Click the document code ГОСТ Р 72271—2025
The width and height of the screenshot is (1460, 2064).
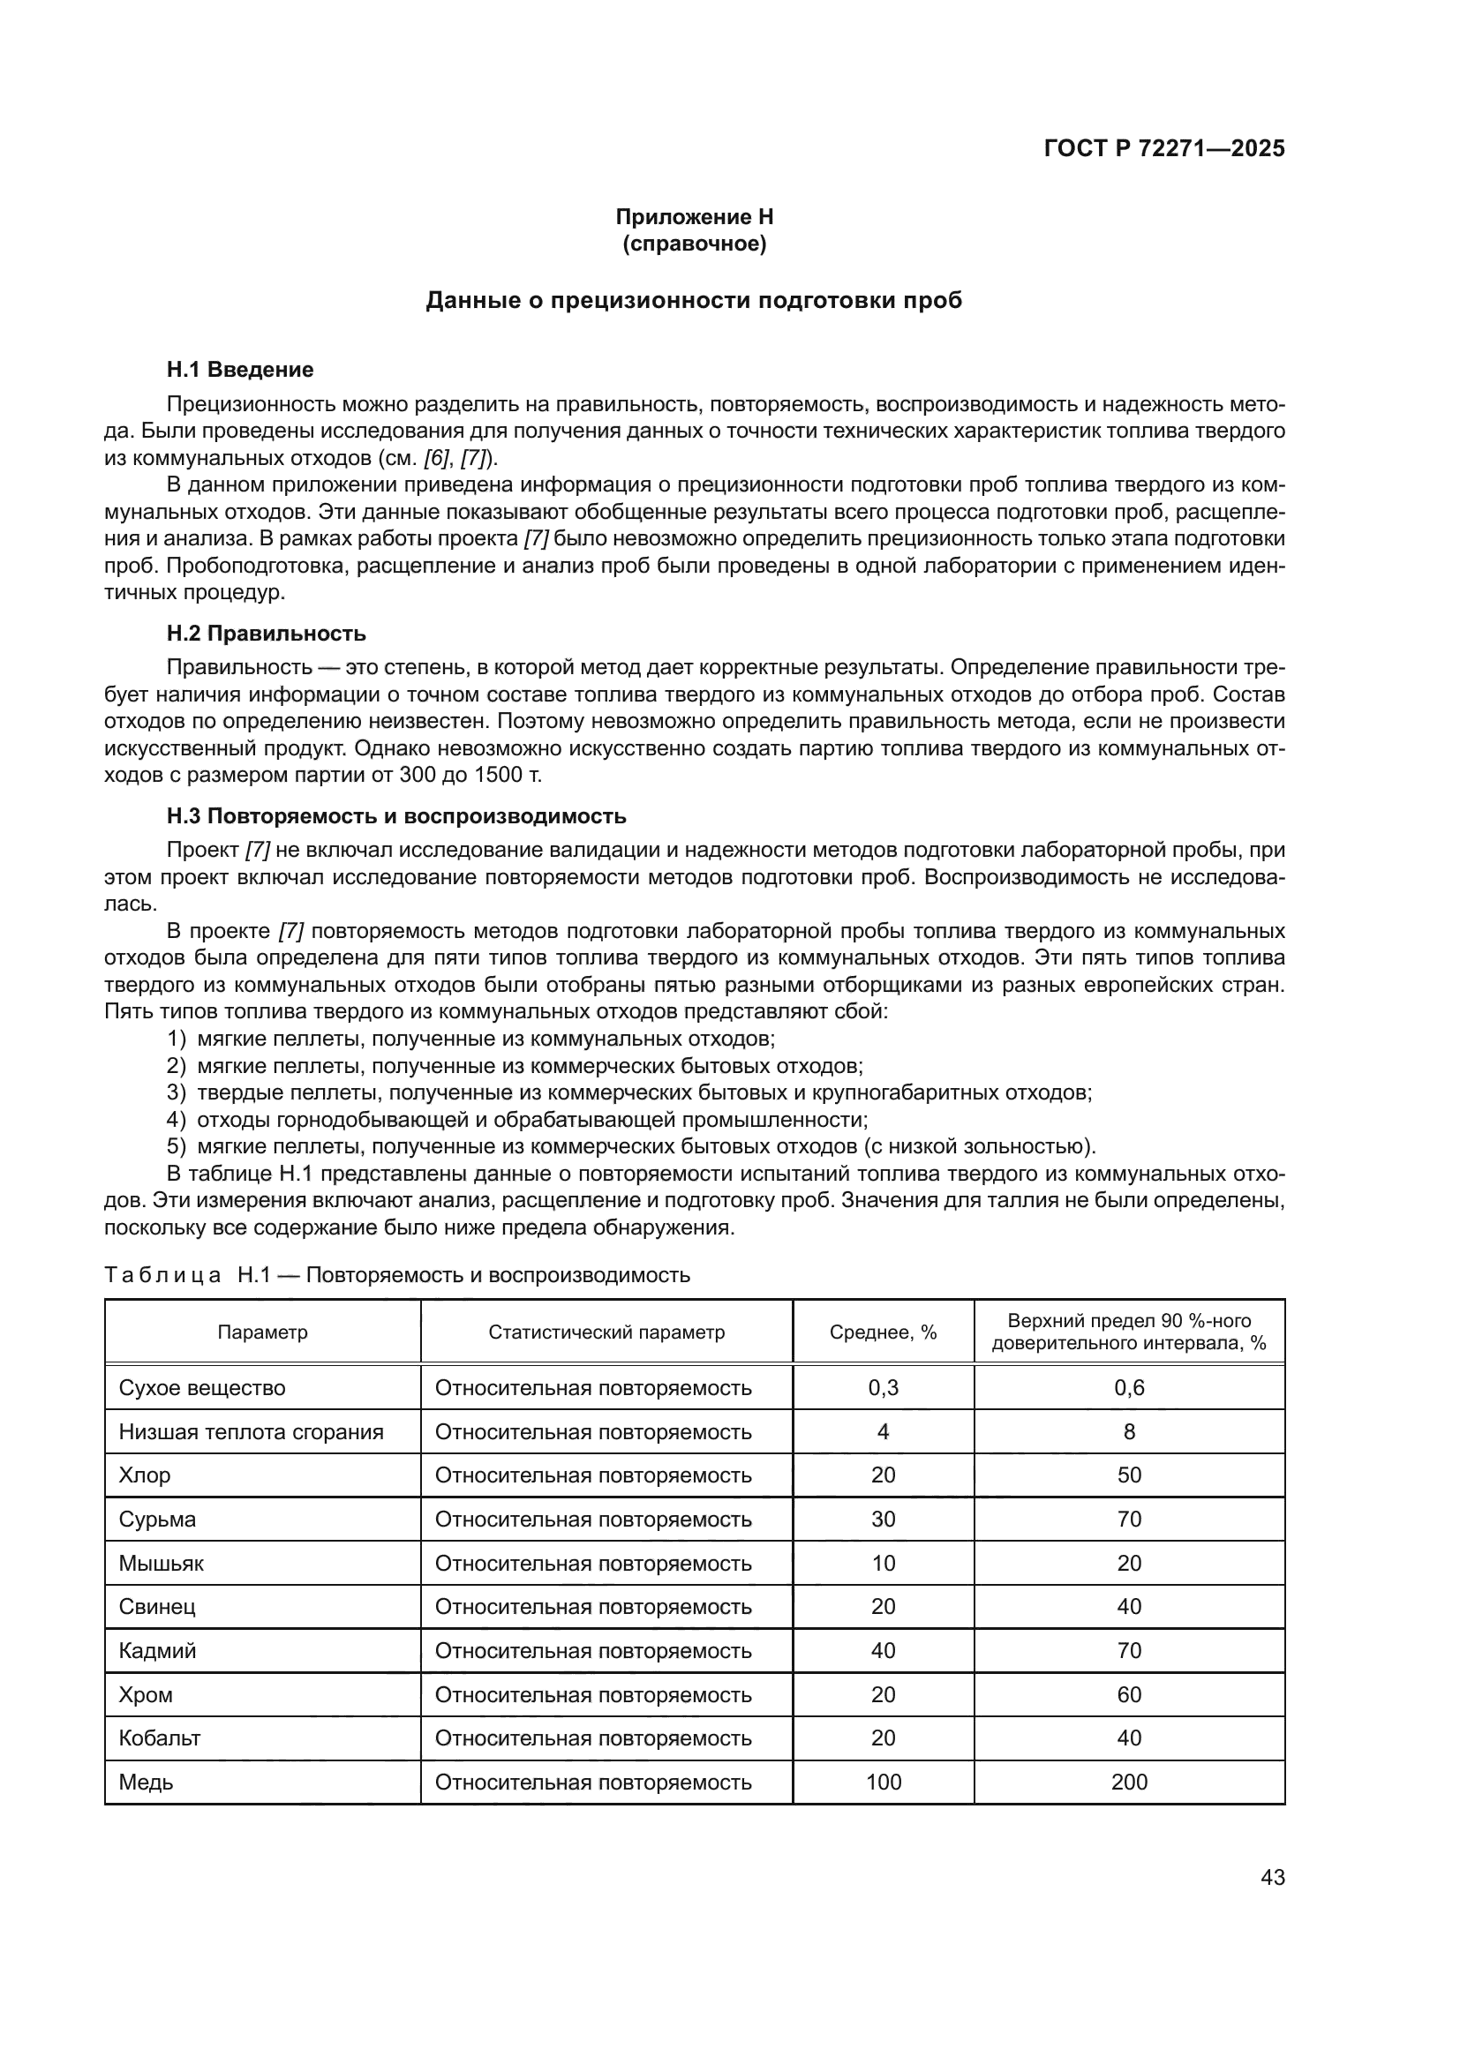click(1164, 149)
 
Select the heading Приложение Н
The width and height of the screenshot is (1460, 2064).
click(694, 217)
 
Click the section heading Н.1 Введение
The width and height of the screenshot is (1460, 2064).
click(240, 370)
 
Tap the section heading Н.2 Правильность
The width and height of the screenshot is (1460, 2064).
click(266, 634)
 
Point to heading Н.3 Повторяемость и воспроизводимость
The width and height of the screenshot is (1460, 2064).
click(395, 816)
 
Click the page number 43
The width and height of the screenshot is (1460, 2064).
click(1272, 1877)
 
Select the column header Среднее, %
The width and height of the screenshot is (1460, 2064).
click(883, 1332)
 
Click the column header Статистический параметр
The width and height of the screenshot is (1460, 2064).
click(606, 1332)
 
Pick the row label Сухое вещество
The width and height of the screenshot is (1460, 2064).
click(202, 1388)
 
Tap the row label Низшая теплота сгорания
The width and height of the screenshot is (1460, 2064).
click(251, 1432)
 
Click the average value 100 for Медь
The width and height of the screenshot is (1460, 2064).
click(883, 1783)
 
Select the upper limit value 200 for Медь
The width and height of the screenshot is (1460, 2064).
click(1129, 1783)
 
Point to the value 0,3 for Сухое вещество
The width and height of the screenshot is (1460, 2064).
click(883, 1388)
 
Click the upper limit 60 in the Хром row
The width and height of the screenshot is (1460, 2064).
click(1129, 1694)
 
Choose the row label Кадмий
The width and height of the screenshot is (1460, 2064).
click(157, 1650)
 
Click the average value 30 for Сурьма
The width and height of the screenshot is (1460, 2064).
click(883, 1520)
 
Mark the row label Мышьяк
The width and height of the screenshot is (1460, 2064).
click(161, 1564)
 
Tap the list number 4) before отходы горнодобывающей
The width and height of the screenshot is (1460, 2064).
click(177, 1120)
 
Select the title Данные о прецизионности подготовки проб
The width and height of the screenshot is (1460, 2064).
click(693, 300)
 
